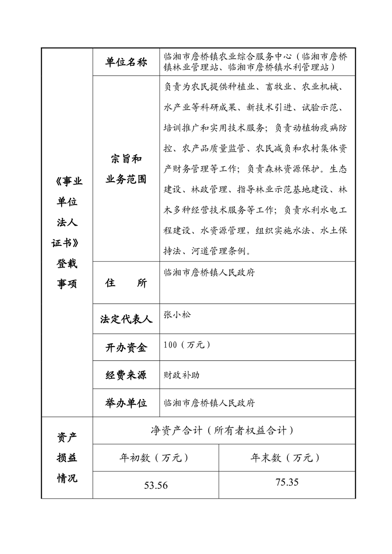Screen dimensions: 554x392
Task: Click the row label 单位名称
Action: pyautogui.click(x=126, y=63)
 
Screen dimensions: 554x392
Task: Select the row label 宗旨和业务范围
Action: pyautogui.click(x=126, y=169)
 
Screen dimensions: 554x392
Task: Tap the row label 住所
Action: pyautogui.click(x=126, y=283)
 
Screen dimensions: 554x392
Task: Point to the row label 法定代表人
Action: pyautogui.click(x=126, y=319)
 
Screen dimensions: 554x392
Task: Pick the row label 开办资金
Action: pyautogui.click(x=126, y=348)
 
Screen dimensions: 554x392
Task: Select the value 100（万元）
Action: pyautogui.click(x=188, y=345)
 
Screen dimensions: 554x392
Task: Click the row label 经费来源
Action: pyautogui.click(x=126, y=375)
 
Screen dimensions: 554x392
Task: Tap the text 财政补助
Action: pyautogui.click(x=182, y=375)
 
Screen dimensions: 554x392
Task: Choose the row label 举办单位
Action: pyautogui.click(x=126, y=403)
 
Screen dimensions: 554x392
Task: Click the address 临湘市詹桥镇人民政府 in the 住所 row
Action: pyautogui.click(x=209, y=273)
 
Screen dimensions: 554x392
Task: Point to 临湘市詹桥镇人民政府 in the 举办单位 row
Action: pyautogui.click(x=209, y=403)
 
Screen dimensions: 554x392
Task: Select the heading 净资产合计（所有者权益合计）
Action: pyautogui.click(x=223, y=431)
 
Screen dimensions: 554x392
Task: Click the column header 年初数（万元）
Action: pyautogui.click(x=156, y=458)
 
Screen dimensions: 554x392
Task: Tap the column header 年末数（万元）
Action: pyautogui.click(x=287, y=458)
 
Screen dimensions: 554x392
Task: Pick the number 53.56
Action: pyautogui.click(x=156, y=485)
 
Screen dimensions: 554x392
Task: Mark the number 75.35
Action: pyautogui.click(x=287, y=482)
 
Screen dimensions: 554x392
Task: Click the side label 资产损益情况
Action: pyautogui.click(x=67, y=458)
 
